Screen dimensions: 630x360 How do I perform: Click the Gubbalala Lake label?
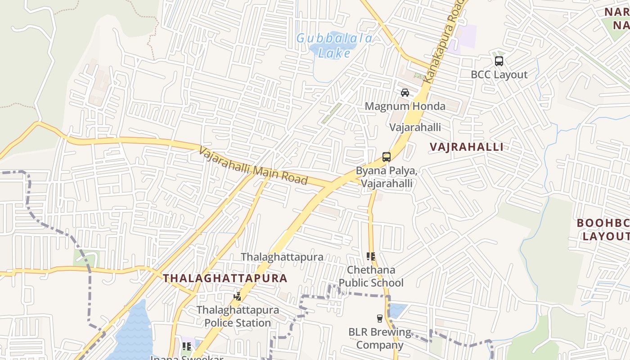[334, 45]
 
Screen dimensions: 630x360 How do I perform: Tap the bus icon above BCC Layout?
[499, 61]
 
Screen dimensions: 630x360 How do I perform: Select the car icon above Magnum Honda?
[405, 93]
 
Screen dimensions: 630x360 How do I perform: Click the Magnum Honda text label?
[405, 107]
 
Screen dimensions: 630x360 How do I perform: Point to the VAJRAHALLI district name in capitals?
[466, 147]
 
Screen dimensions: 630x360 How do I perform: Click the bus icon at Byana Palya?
[386, 157]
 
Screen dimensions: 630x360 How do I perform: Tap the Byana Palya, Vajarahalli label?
[387, 177]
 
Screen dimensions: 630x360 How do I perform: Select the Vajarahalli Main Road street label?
[253, 166]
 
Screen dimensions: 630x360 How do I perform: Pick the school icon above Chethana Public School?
[371, 256]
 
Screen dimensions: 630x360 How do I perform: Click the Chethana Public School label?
[371, 276]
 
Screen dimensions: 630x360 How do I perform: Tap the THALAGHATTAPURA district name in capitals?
[225, 278]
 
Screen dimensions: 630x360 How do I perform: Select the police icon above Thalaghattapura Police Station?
[237, 296]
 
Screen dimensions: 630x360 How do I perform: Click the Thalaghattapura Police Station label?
[238, 316]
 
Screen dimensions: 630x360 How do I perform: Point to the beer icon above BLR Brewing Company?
[380, 319]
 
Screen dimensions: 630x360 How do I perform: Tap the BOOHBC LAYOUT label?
[603, 229]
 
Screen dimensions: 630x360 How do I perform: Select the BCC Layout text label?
[499, 75]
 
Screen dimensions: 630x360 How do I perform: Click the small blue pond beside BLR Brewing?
[397, 310]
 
